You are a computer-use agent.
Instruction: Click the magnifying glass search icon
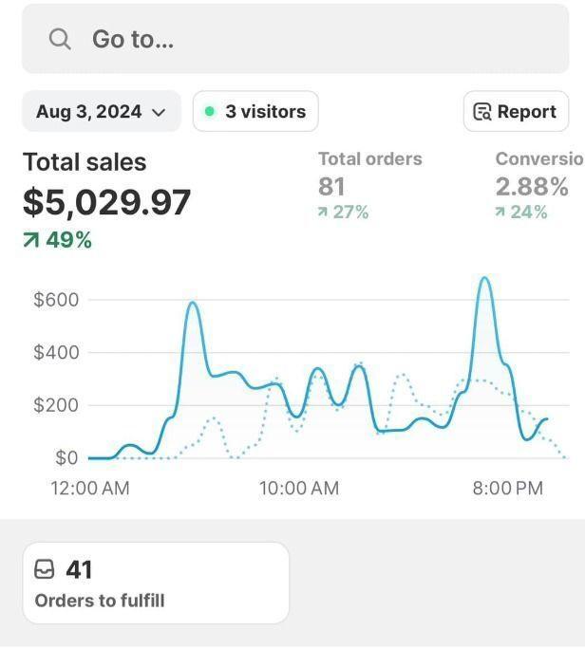[60, 39]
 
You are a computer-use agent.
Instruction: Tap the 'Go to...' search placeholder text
[133, 39]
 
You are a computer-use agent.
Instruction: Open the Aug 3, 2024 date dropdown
[101, 112]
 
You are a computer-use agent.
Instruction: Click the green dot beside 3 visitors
[210, 112]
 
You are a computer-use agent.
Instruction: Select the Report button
[516, 112]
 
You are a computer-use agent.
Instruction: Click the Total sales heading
[85, 162]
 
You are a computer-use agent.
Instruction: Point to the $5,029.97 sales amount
[107, 201]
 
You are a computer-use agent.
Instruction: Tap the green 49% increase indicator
[58, 240]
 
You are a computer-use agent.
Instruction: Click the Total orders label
[369, 159]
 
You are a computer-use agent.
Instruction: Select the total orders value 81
[331, 186]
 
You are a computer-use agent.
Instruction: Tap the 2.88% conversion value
[532, 186]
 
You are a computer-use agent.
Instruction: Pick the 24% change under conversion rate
[521, 213]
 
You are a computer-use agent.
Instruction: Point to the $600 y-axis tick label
[56, 300]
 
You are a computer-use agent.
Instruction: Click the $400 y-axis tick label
[56, 353]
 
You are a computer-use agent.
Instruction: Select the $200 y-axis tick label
[56, 405]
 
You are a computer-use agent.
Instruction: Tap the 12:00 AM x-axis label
[89, 489]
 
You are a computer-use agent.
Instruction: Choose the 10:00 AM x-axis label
[299, 489]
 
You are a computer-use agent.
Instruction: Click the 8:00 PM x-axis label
[507, 489]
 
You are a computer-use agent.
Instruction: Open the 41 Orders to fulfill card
[156, 583]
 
